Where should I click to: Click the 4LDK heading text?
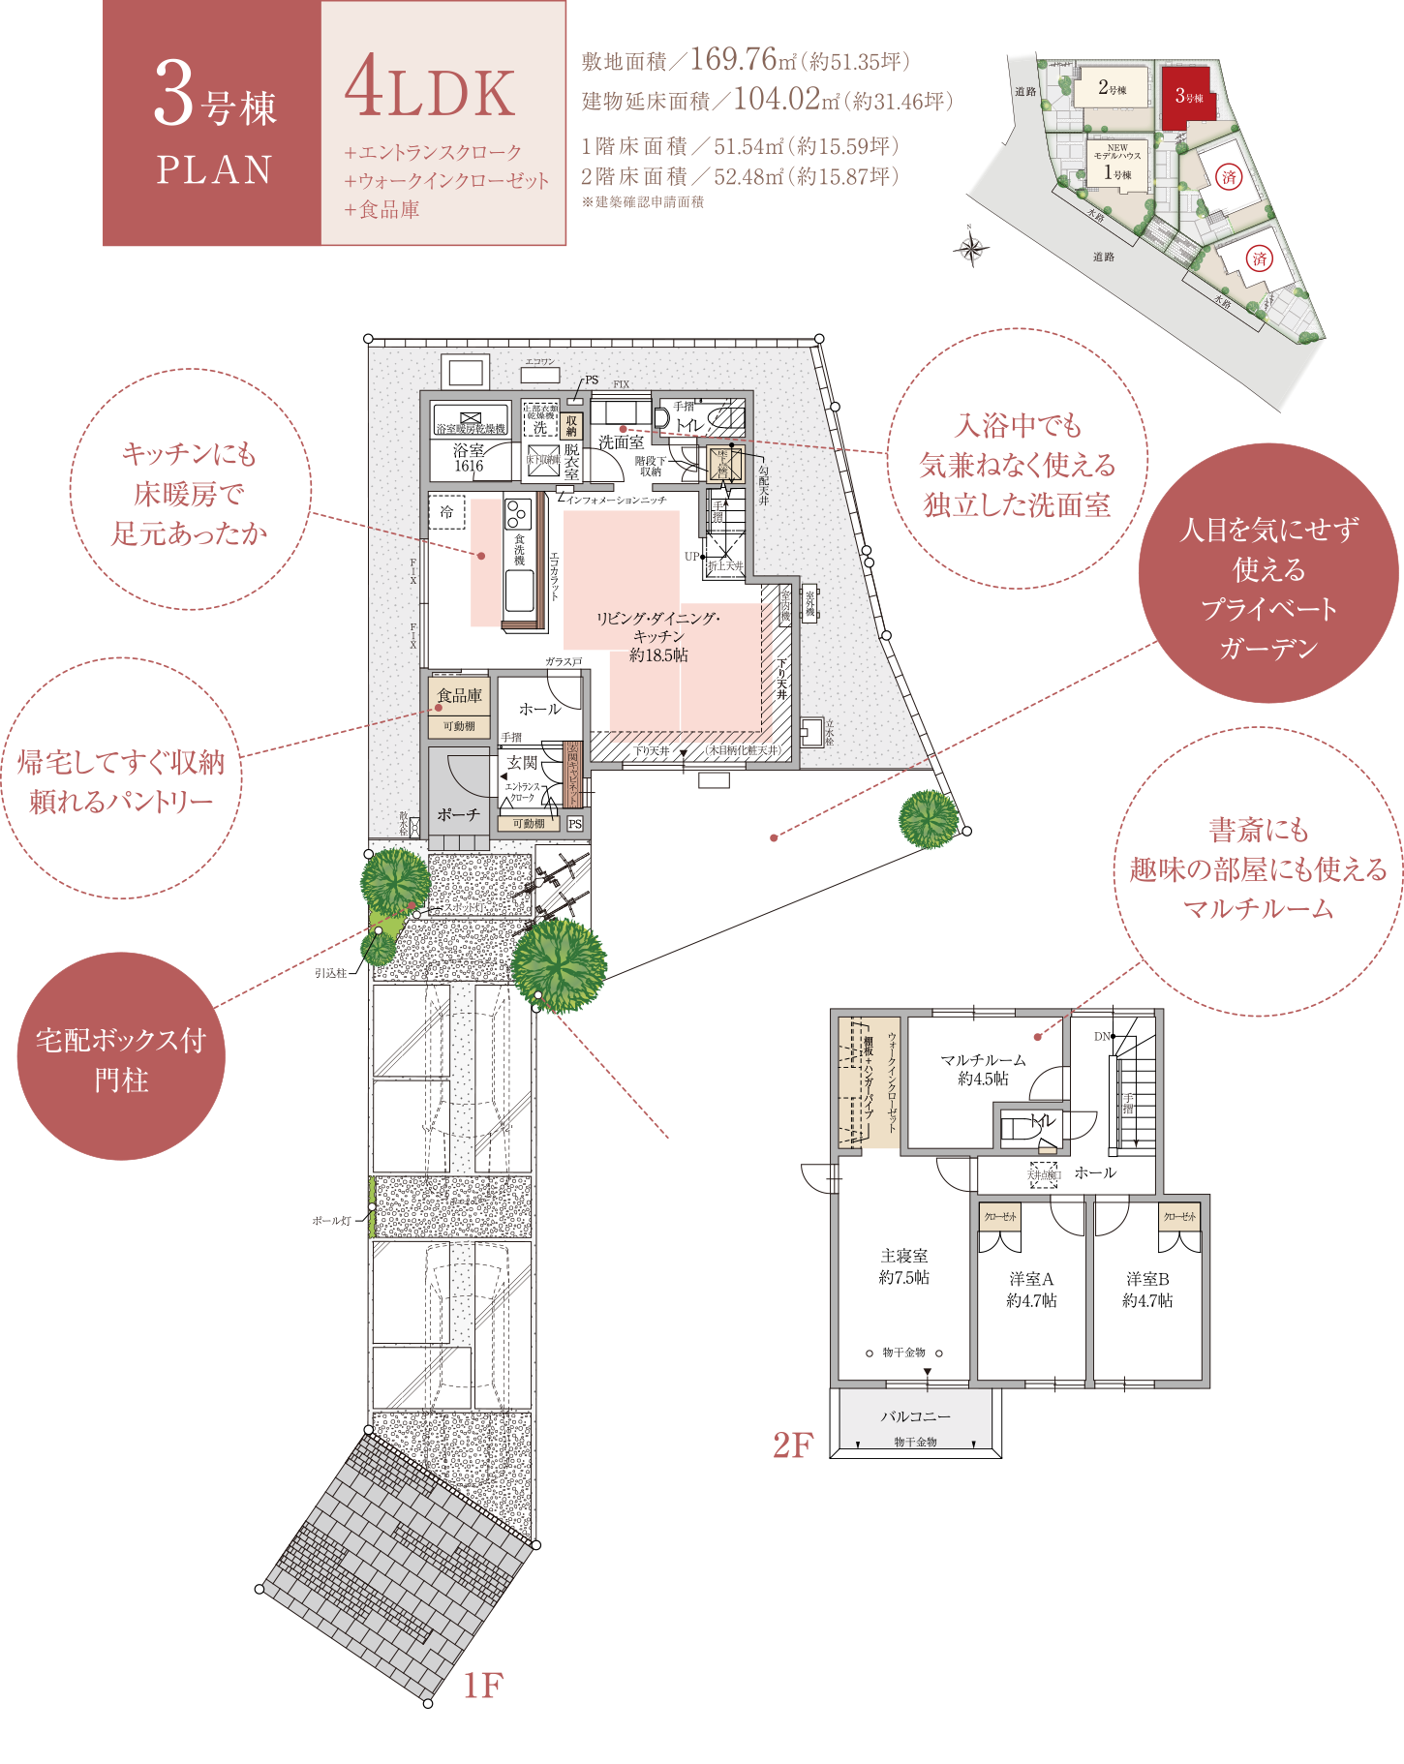[x=430, y=90]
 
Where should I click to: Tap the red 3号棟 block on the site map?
[x=1187, y=96]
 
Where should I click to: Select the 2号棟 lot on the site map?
[x=1113, y=88]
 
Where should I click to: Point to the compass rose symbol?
[x=971, y=250]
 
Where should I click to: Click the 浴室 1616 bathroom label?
[x=469, y=457]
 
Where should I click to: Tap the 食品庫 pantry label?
[x=459, y=695]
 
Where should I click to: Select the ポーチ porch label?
[x=458, y=815]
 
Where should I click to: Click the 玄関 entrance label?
[x=521, y=763]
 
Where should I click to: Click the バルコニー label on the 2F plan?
[x=915, y=1416]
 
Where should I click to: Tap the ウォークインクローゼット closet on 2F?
[x=870, y=1082]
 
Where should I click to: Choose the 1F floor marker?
[x=482, y=1686]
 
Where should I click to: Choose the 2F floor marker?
[x=792, y=1445]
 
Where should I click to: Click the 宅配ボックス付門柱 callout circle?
[x=121, y=1056]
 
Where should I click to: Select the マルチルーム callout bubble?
[x=1258, y=869]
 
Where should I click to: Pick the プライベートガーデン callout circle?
[x=1268, y=573]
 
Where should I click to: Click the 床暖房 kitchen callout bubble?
[x=190, y=492]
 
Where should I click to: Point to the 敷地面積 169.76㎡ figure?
[x=745, y=61]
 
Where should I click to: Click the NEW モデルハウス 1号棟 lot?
[x=1117, y=165]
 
